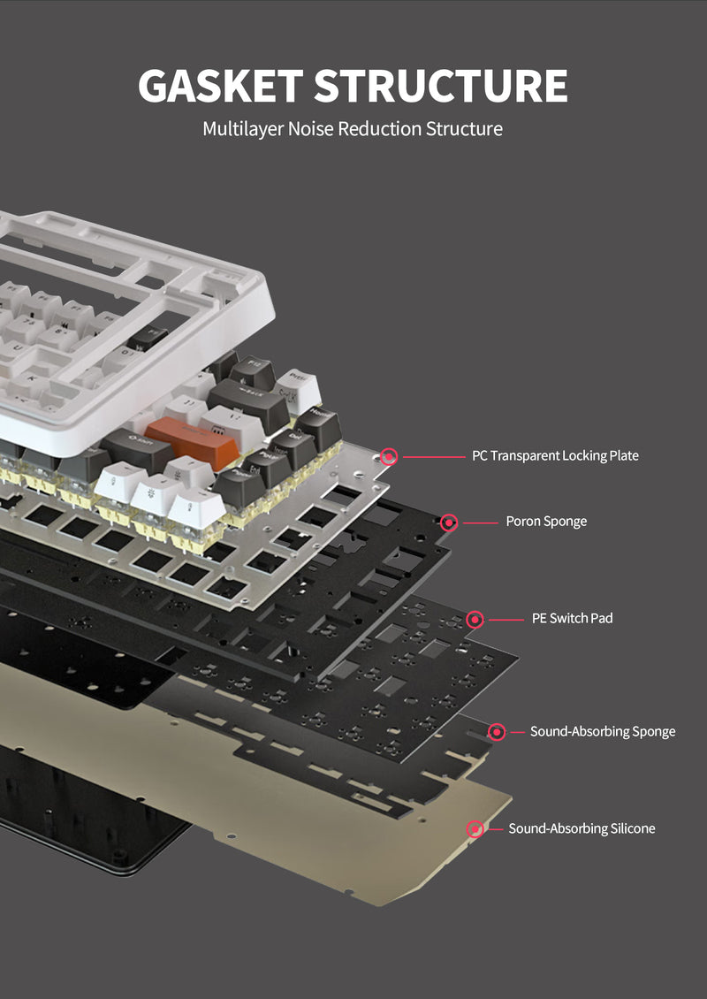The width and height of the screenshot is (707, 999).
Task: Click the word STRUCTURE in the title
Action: (440, 85)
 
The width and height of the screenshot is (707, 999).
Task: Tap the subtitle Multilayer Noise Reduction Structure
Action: (353, 129)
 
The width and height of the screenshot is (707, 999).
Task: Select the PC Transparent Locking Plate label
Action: (555, 456)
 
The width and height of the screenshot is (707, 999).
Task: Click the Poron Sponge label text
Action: (546, 522)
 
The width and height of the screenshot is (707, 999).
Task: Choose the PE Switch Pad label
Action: (572, 618)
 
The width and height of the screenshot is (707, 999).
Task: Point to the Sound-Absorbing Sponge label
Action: (603, 731)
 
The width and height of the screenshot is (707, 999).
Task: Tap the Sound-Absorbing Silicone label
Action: (582, 828)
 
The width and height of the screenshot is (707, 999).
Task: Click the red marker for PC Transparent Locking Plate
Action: (389, 456)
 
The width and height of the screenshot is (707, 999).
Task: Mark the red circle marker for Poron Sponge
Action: (449, 522)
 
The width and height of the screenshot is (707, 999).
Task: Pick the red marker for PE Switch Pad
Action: (475, 619)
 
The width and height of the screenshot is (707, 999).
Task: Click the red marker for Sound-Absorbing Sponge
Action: (497, 731)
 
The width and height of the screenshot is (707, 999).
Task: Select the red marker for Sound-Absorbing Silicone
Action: (475, 828)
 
